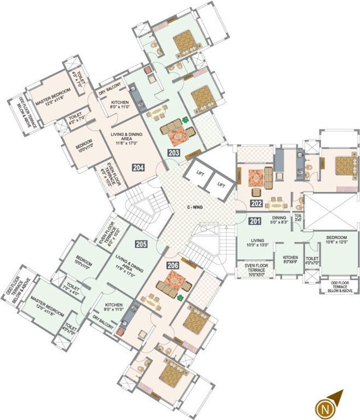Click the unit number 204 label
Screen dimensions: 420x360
tap(138, 167)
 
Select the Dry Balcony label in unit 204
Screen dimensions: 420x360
tap(109, 93)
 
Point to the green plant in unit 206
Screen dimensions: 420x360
tap(180, 297)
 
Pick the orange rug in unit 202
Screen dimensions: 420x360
tap(256, 177)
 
